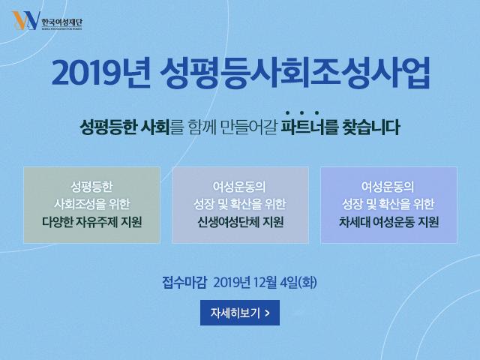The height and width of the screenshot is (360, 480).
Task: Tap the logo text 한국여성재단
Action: click(61, 22)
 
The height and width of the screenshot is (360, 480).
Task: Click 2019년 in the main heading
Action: click(100, 73)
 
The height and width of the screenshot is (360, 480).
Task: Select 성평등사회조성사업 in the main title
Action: click(295, 73)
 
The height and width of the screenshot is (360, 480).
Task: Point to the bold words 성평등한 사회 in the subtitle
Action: click(124, 127)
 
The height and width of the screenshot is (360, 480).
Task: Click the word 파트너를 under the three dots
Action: click(309, 127)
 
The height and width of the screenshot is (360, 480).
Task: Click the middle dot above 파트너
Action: click(301, 113)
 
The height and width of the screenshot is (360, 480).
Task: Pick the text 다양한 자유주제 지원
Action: click(91, 222)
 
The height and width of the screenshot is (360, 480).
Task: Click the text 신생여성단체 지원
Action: click(240, 222)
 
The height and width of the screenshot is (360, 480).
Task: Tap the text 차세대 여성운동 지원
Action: click(388, 222)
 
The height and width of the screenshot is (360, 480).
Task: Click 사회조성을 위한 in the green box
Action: click(91, 204)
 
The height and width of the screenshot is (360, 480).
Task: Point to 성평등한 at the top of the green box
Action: click(91, 187)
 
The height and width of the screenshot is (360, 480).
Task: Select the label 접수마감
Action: click(184, 282)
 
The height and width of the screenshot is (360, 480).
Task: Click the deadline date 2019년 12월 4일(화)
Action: click(265, 282)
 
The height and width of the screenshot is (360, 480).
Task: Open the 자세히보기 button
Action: click(240, 313)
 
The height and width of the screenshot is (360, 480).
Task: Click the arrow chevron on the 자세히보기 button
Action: click(267, 313)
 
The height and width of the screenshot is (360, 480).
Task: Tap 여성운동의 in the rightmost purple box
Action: click(388, 187)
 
